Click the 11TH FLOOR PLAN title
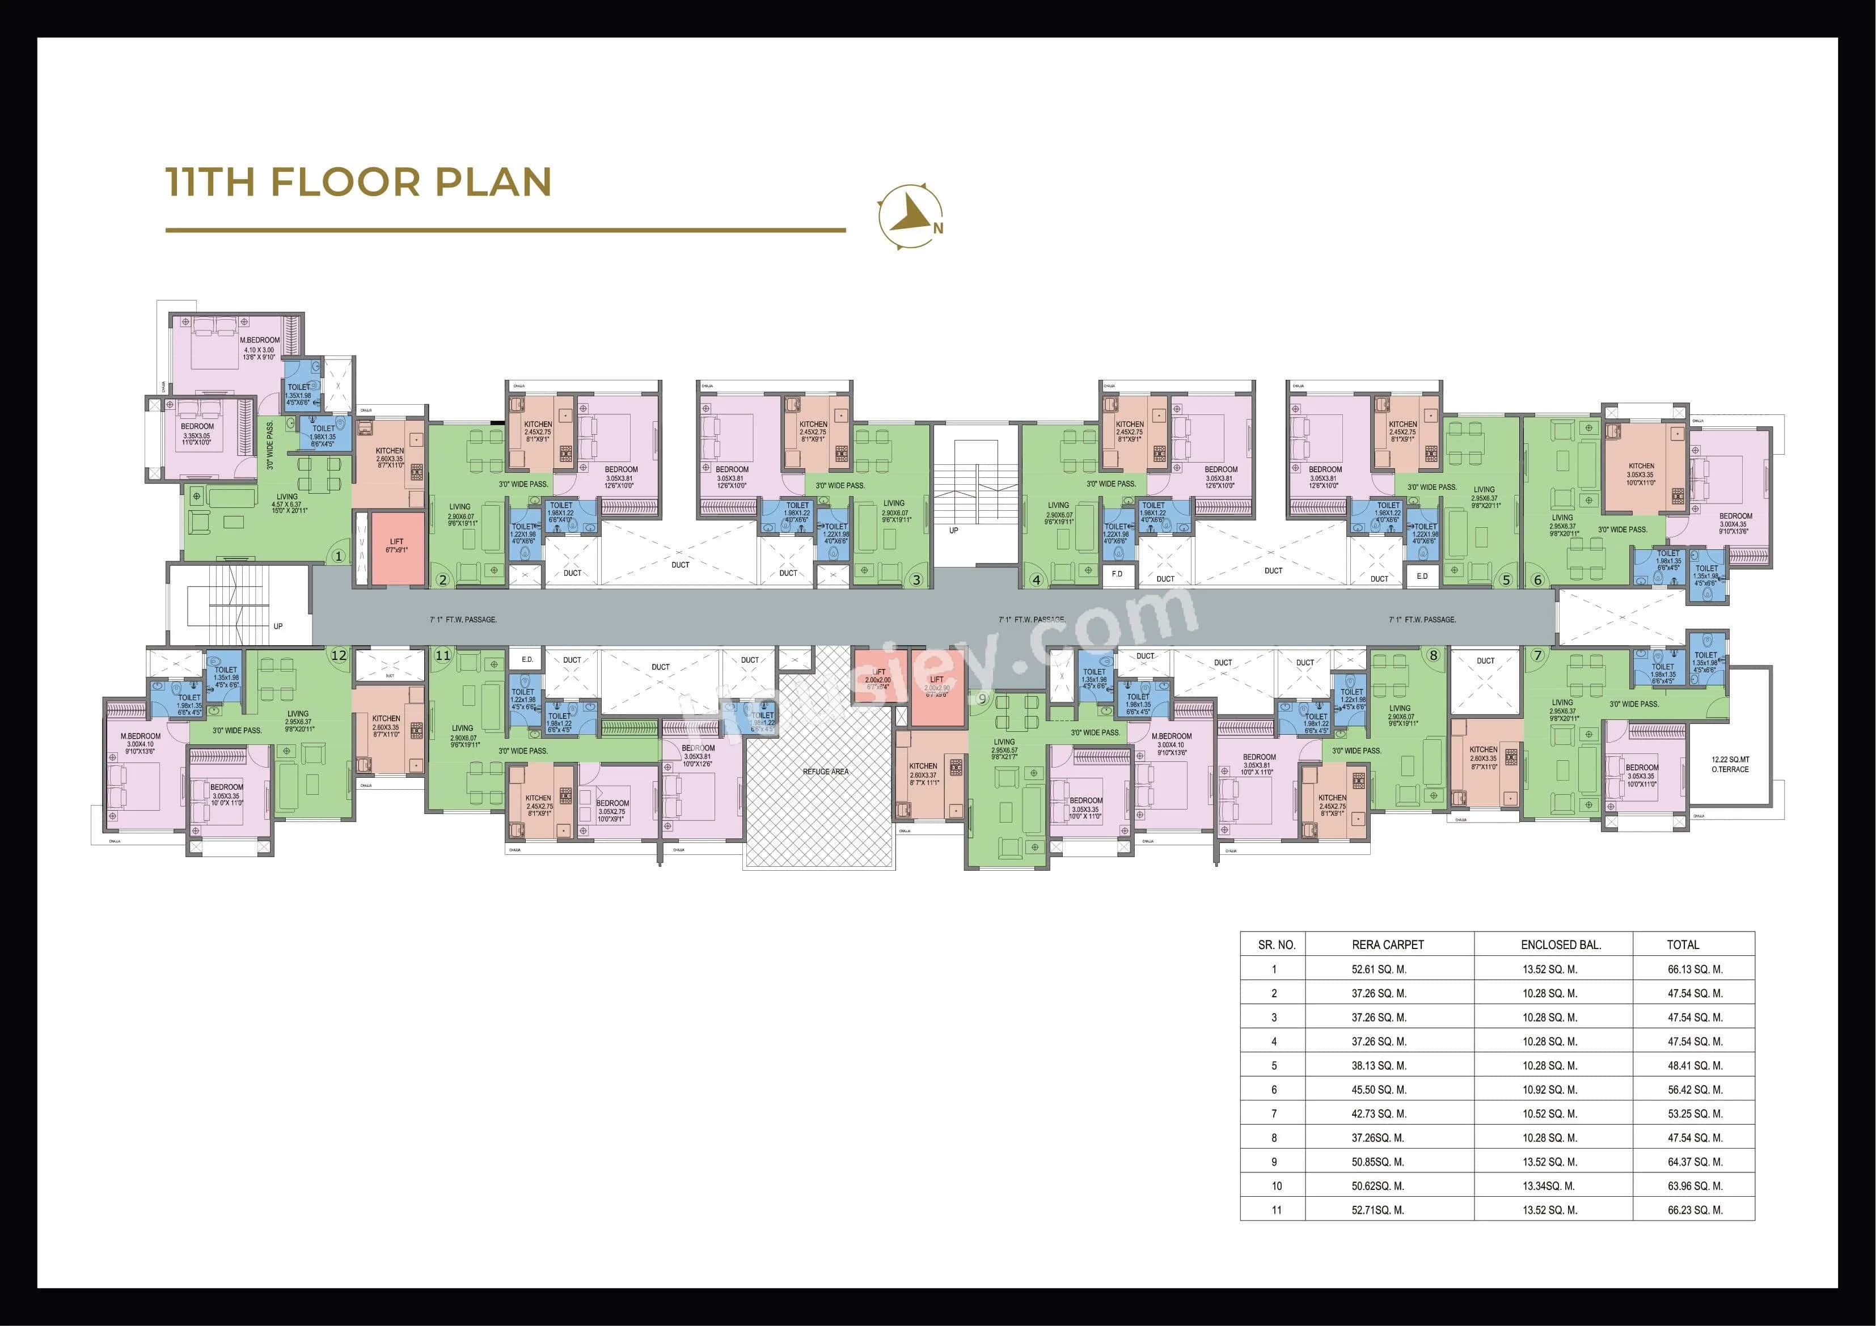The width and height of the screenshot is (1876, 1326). (358, 181)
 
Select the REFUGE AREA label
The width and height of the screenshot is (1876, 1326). (825, 771)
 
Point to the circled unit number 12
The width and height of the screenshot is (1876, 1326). (338, 654)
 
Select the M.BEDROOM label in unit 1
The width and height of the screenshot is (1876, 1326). (260, 340)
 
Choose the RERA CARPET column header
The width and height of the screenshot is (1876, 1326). (1387, 944)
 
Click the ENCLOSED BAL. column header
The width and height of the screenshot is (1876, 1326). (1561, 944)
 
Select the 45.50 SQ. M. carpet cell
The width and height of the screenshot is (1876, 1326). (1379, 1090)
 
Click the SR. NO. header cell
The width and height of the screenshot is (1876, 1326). (1276, 944)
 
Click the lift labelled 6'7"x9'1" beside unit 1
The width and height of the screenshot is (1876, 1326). (397, 546)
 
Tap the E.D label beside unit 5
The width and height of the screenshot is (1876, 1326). (1422, 576)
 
